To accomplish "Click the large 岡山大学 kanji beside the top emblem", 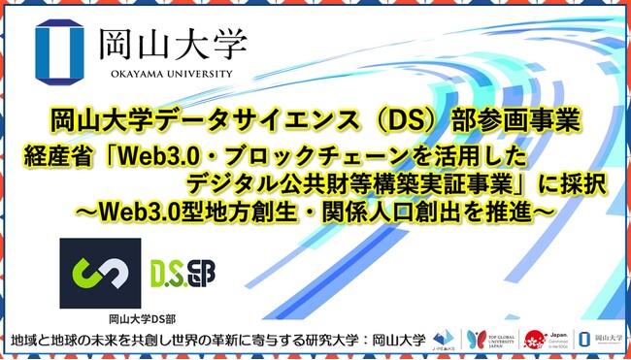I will click(170, 43).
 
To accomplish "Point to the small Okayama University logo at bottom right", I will click(597, 339).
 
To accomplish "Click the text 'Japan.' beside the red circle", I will click(555, 333).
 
